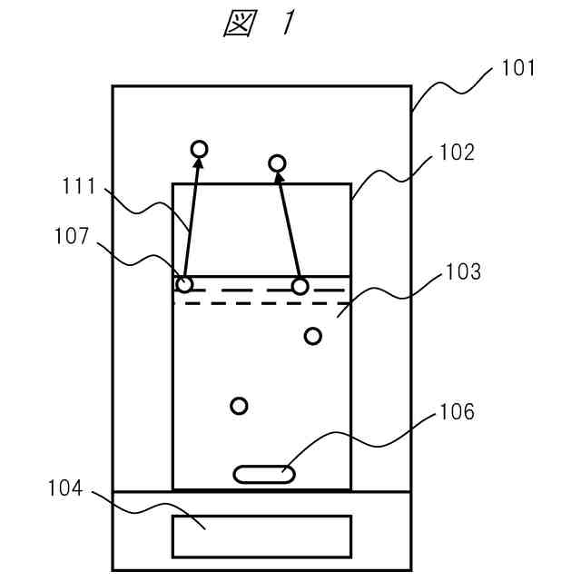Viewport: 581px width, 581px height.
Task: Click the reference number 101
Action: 518,68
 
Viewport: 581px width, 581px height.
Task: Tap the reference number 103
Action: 463,271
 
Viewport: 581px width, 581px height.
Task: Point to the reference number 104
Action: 65,489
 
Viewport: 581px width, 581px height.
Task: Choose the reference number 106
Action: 457,412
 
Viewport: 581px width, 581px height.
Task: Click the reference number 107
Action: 73,237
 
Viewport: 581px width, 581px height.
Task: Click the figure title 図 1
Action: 260,25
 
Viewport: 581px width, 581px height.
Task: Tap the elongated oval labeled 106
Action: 264,474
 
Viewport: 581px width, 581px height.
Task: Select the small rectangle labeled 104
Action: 261,536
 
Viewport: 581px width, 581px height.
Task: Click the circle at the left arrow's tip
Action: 199,149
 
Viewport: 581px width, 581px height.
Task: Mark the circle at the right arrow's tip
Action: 278,163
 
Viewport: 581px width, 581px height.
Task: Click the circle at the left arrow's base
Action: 184,284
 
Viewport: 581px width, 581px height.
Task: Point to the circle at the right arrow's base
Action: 300,287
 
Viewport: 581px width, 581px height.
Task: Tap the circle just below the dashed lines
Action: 312,337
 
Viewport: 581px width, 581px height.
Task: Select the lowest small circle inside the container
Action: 239,406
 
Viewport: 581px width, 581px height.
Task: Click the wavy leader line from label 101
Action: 454,91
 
